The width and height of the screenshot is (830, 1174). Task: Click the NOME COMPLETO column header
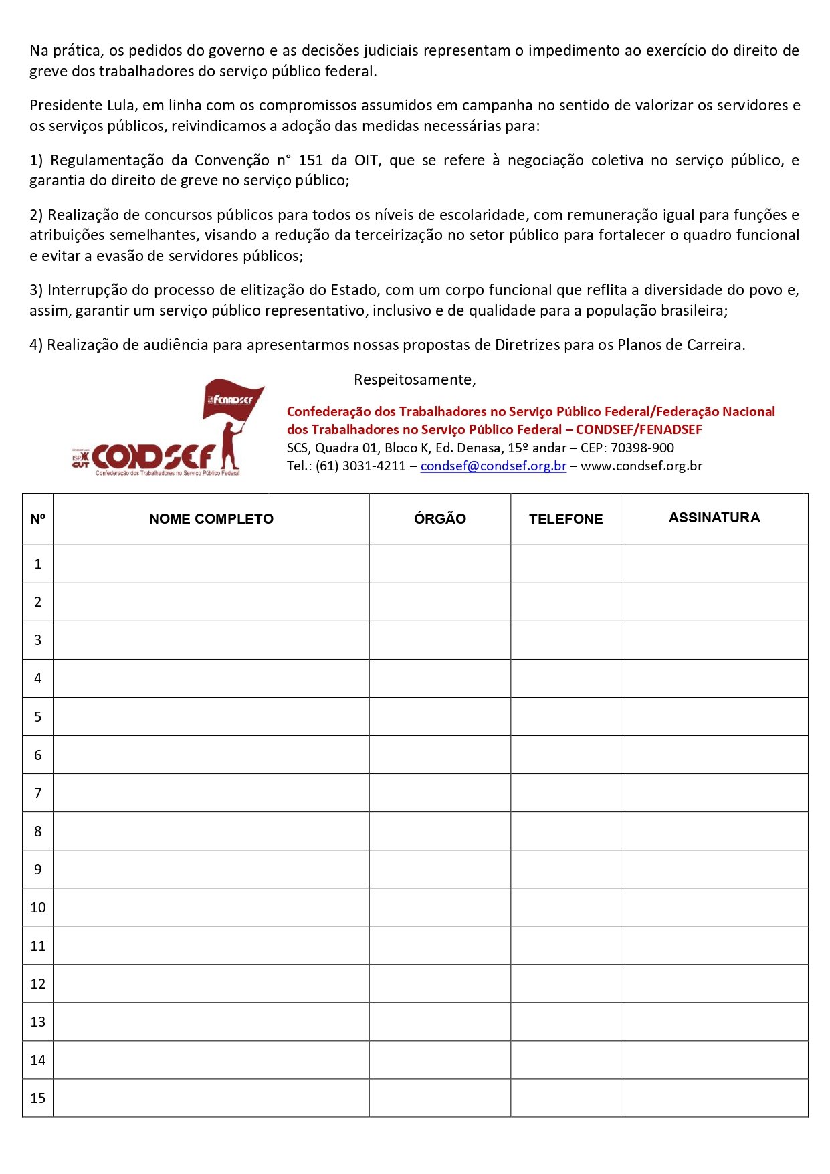[211, 519]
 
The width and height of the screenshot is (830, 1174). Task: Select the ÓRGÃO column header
[439, 519]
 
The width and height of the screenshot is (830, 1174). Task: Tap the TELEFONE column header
[566, 519]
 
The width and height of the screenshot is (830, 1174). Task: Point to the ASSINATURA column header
[714, 518]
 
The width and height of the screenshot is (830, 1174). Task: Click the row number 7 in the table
[38, 793]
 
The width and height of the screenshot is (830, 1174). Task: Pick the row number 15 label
[38, 1098]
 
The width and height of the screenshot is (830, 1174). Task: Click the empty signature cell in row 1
[714, 564]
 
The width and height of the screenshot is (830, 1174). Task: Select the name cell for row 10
[211, 908]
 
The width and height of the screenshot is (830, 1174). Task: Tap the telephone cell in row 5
[566, 717]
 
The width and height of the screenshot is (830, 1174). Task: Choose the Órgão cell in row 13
[439, 1022]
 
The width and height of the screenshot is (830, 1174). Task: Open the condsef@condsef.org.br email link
[494, 466]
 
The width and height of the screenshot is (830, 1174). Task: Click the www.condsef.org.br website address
[641, 466]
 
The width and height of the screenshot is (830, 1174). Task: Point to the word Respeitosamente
[414, 380]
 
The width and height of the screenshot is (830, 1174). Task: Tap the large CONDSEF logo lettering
[154, 456]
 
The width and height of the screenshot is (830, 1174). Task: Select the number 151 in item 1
[311, 160]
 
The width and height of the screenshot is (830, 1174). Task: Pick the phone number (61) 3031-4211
[360, 466]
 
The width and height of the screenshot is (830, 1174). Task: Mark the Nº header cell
[38, 519]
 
